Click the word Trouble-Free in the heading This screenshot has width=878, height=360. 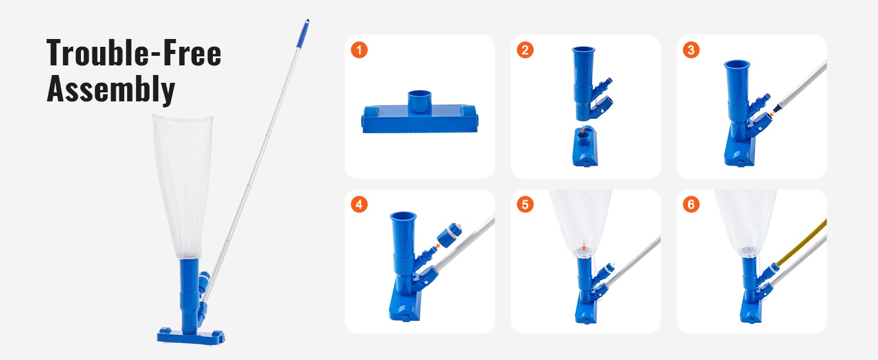click(134, 53)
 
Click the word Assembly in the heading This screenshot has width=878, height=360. click(110, 89)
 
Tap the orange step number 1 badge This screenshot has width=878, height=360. click(359, 50)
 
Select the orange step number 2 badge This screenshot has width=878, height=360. click(525, 50)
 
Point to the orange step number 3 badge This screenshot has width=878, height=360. click(691, 50)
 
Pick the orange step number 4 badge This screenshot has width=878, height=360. click(359, 205)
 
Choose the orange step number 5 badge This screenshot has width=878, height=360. click(525, 205)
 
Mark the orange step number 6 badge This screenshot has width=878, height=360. click(691, 205)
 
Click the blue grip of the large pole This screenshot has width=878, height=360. click(303, 34)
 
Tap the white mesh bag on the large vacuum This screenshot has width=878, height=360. click(184, 186)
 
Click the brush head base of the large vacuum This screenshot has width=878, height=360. click(191, 336)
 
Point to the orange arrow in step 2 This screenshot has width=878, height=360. click(583, 128)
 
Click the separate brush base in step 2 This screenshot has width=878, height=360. click(585, 146)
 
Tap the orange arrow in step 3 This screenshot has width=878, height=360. click(771, 114)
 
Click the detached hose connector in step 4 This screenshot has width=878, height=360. click(449, 235)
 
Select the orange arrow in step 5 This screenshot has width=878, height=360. click(584, 246)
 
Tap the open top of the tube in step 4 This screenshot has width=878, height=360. click(404, 216)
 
